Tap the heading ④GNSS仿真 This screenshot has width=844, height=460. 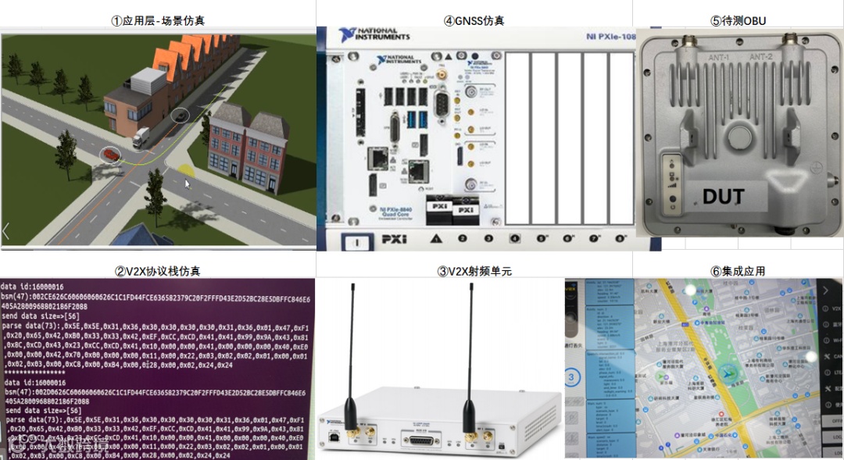tap(474, 21)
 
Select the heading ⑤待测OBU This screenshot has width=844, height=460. tap(738, 21)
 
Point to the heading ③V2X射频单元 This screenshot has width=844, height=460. tap(474, 271)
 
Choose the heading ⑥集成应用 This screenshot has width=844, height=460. tap(738, 271)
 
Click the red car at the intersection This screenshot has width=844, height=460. tap(110, 155)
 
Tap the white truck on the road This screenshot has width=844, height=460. tap(141, 139)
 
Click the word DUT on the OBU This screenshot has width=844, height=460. tap(723, 196)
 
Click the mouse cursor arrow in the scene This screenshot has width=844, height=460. tap(187, 184)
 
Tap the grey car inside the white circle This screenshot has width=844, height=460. tap(181, 116)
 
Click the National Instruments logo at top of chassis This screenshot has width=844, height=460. tap(374, 35)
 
